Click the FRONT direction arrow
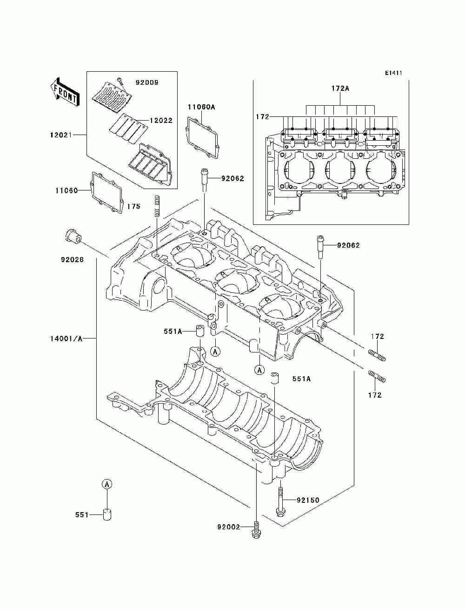pos(65,91)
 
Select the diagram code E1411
pos(393,73)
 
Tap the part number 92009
pos(147,82)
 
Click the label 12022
pos(161,121)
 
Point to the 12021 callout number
pos(61,135)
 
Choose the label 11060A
pos(201,107)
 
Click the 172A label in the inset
pos(340,88)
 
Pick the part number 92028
pos(73,260)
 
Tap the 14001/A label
pos(66,338)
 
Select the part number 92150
pos(308,500)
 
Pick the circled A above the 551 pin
pos(107,484)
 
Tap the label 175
pos(134,206)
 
